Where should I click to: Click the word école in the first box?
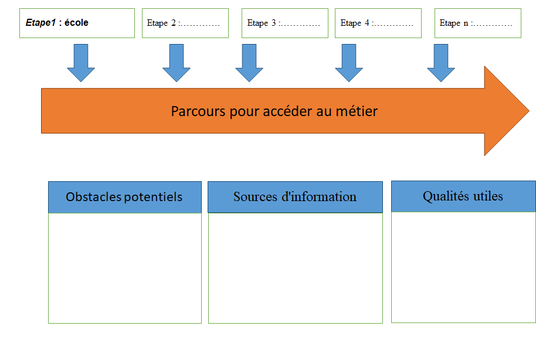[x=76, y=22]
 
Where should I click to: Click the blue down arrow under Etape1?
[x=81, y=63]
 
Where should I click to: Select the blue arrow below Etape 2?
[x=177, y=63]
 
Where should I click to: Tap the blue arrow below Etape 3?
[x=249, y=63]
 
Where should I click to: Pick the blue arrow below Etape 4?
[x=349, y=63]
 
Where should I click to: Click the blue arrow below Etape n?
[x=441, y=63]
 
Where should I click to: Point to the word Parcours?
[x=198, y=111]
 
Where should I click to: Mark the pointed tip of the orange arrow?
[x=529, y=111]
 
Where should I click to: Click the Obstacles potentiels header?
[x=125, y=197]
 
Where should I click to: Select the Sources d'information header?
[x=295, y=197]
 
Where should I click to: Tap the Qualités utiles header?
[x=463, y=196]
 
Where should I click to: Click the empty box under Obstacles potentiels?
[x=125, y=268]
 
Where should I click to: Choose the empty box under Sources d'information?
[x=296, y=268]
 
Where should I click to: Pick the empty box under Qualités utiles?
[x=463, y=267]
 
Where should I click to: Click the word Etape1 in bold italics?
[x=40, y=23]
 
